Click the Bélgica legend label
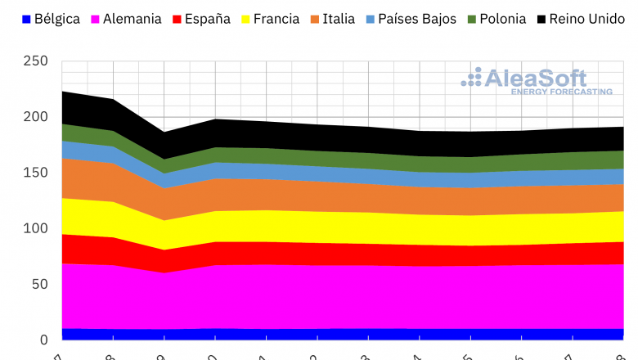[56, 19]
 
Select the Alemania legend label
[132, 19]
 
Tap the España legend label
[208, 19]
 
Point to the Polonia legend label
[502, 19]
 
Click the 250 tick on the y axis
[37, 61]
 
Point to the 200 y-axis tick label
[37, 117]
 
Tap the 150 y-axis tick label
[37, 173]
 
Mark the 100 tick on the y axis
[37, 228]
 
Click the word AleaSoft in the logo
[535, 78]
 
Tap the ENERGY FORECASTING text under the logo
[561, 92]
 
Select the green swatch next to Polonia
[472, 19]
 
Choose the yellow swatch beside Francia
[248, 19]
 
